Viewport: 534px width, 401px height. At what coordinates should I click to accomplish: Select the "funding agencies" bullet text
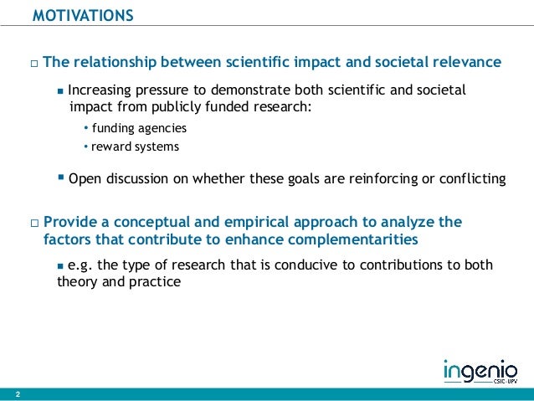[139, 128]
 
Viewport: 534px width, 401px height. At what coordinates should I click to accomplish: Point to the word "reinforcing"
[394, 177]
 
